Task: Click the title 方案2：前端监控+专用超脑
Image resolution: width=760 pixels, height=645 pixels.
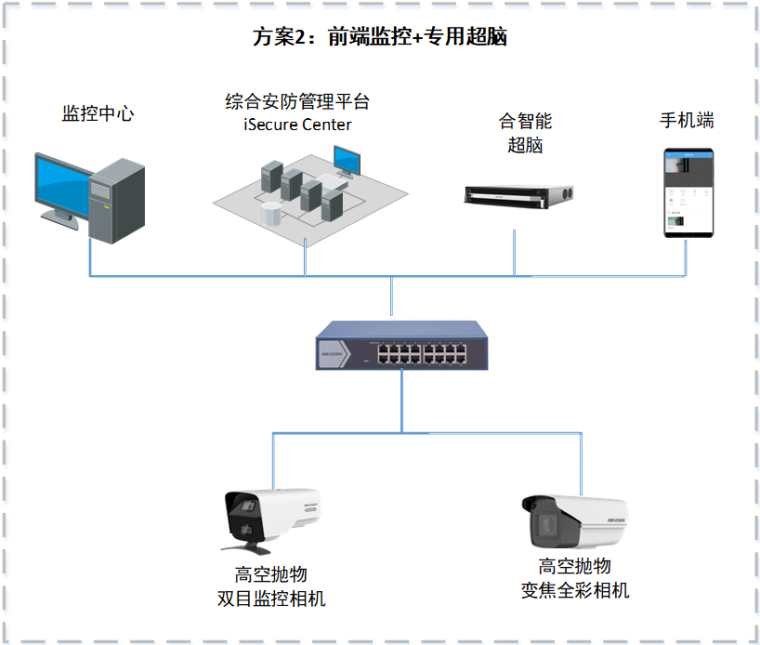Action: [379, 37]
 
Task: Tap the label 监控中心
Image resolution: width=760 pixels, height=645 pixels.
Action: [98, 114]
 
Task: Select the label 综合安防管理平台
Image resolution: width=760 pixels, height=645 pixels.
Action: [297, 100]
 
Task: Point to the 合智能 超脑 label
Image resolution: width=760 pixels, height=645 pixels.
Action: [525, 133]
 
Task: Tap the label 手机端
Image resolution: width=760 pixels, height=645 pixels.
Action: [687, 121]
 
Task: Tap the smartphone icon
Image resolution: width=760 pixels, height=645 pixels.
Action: [688, 192]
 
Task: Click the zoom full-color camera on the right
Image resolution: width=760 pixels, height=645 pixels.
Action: [576, 522]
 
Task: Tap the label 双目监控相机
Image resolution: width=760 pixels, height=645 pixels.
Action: [270, 598]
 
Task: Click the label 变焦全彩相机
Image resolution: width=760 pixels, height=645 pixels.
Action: [575, 590]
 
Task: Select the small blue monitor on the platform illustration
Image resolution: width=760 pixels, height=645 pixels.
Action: [347, 160]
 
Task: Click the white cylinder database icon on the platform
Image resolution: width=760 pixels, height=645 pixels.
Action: [270, 215]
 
